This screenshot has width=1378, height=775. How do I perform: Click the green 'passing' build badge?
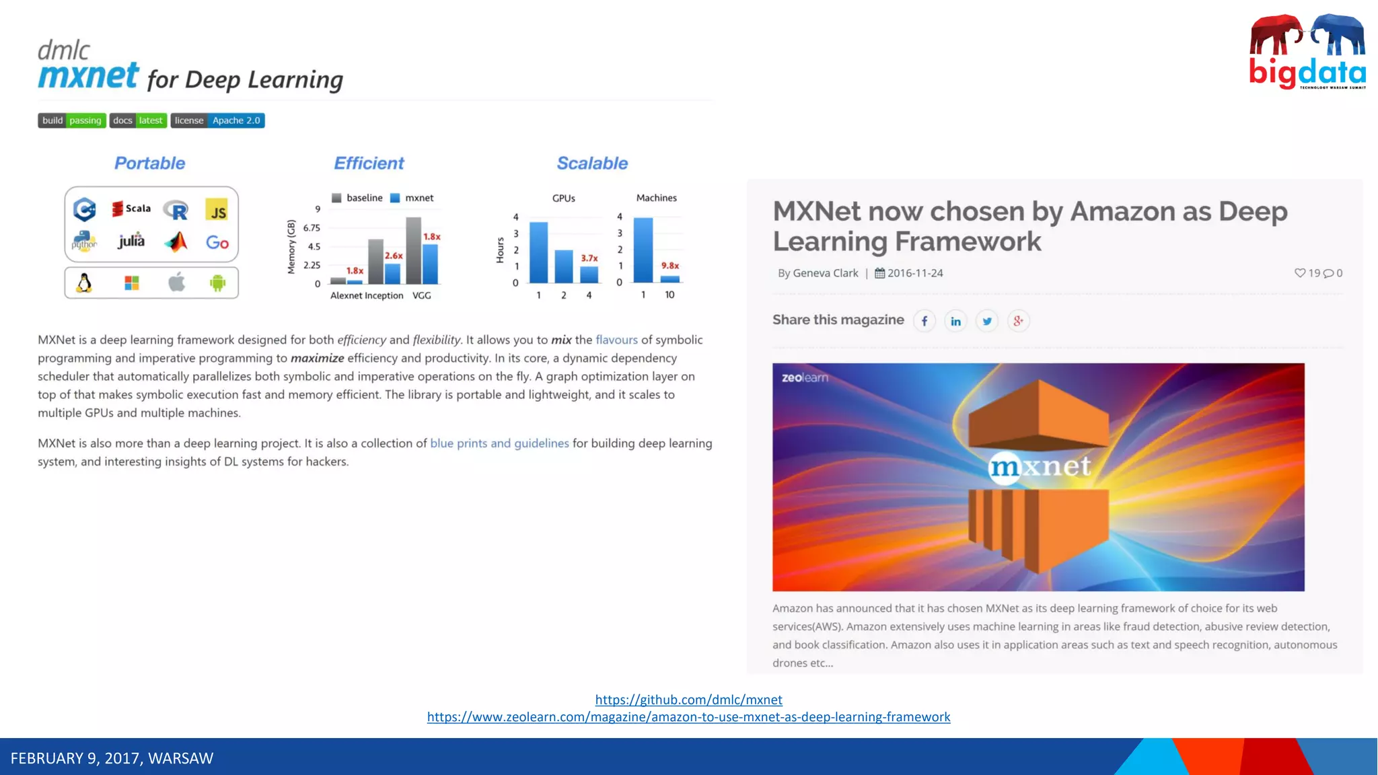pos(85,120)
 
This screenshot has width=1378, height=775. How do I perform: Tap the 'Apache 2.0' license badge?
pos(235,120)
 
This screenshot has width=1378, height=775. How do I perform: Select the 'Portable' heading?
pos(149,163)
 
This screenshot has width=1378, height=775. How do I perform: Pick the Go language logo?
pos(217,242)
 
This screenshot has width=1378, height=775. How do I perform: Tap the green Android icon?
pos(217,283)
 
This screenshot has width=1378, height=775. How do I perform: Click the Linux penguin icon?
pos(84,283)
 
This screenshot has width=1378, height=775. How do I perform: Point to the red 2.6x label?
pos(394,256)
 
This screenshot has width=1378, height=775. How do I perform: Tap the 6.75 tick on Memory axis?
pos(312,228)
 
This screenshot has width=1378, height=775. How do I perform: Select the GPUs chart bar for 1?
pos(538,252)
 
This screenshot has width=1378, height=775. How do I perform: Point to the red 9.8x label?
pos(669,266)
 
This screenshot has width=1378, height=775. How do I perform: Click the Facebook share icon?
pos(924,321)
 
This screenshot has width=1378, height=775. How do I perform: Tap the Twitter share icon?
pos(987,321)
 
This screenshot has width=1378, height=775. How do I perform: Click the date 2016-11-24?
pos(914,273)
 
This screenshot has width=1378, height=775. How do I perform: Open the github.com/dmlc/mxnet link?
pos(688,700)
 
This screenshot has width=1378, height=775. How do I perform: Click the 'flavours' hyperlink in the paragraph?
pos(616,340)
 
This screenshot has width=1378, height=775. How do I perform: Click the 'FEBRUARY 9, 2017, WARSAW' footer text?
pos(112,758)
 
